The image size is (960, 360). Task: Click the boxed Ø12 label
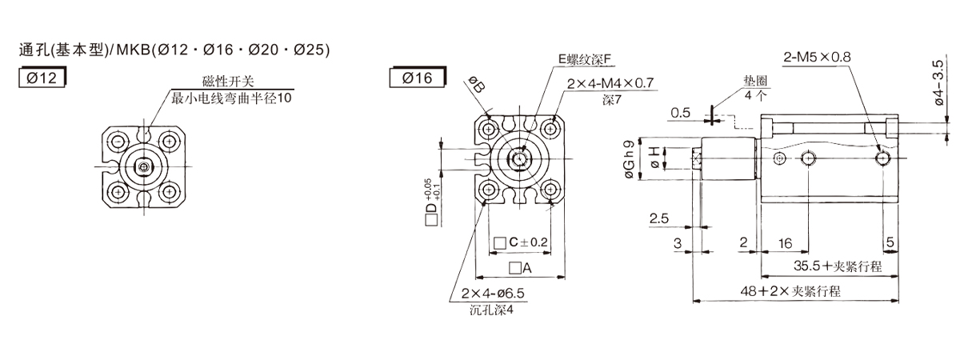[x=42, y=78]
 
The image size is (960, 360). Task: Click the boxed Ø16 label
[x=418, y=78]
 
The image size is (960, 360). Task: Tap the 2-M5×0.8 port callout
[x=817, y=57]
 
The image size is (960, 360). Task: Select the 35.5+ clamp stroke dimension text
[x=838, y=266]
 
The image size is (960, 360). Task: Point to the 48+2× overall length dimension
[x=790, y=291]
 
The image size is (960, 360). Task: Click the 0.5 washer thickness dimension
[x=681, y=113]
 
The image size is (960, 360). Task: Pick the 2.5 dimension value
[x=658, y=218]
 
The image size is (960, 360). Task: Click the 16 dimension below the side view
[x=785, y=243]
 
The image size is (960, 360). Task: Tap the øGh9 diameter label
[x=629, y=159]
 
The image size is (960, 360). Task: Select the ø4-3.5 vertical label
[x=938, y=82]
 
